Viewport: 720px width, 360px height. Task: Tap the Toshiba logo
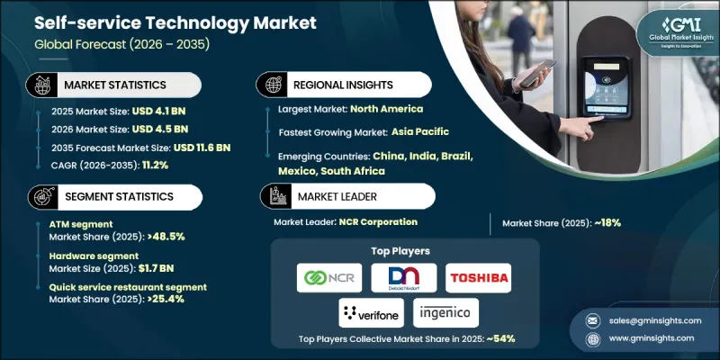click(478, 277)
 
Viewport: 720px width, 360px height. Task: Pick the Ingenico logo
click(446, 313)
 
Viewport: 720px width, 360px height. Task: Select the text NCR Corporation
click(385, 221)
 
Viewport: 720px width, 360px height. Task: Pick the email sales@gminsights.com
click(644, 319)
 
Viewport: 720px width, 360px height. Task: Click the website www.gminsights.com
click(644, 337)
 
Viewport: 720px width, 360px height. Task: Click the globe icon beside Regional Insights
click(269, 85)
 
